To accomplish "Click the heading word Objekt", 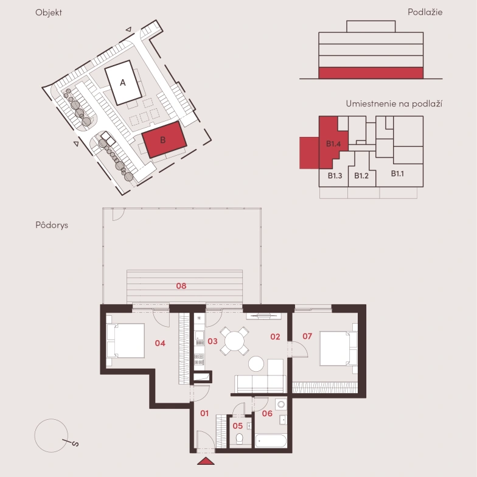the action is click(49, 12).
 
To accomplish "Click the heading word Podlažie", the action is click(425, 12).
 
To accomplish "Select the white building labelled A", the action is click(123, 83).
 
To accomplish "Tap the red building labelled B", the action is click(164, 140).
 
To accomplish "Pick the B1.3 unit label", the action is click(335, 175).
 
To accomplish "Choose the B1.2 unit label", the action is click(361, 175).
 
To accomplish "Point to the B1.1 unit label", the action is click(397, 174).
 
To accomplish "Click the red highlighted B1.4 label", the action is click(333, 144).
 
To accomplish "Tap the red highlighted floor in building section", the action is click(371, 73).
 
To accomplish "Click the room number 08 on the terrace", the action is click(181, 286).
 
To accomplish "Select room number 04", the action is click(160, 343).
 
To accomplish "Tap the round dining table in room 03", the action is click(235, 341).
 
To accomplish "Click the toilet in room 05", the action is click(240, 438).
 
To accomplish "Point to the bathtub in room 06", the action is click(271, 440).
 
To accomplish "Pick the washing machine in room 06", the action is click(281, 405).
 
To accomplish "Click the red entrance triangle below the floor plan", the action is click(206, 461).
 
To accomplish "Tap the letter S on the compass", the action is click(75, 444).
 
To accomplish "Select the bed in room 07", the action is click(338, 348).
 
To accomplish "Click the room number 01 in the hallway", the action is click(204, 413).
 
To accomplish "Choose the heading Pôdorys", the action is click(52, 225).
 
